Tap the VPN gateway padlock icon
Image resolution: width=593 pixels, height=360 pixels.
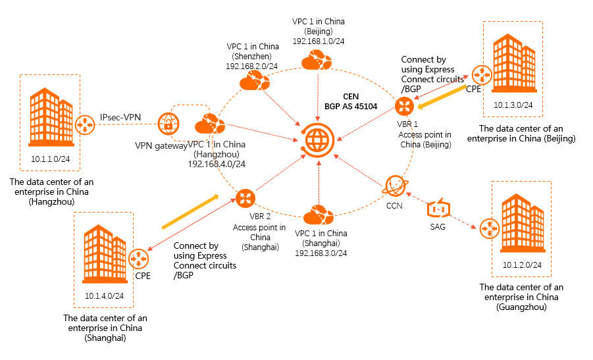coord(168,124)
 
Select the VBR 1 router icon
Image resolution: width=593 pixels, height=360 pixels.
coord(403,105)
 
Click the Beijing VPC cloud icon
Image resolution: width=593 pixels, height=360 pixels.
coord(317,61)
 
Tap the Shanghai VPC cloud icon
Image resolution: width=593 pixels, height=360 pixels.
coord(319,215)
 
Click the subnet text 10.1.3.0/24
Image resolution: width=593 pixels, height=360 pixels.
coord(512,105)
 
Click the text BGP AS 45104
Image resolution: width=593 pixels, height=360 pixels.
coord(352,105)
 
